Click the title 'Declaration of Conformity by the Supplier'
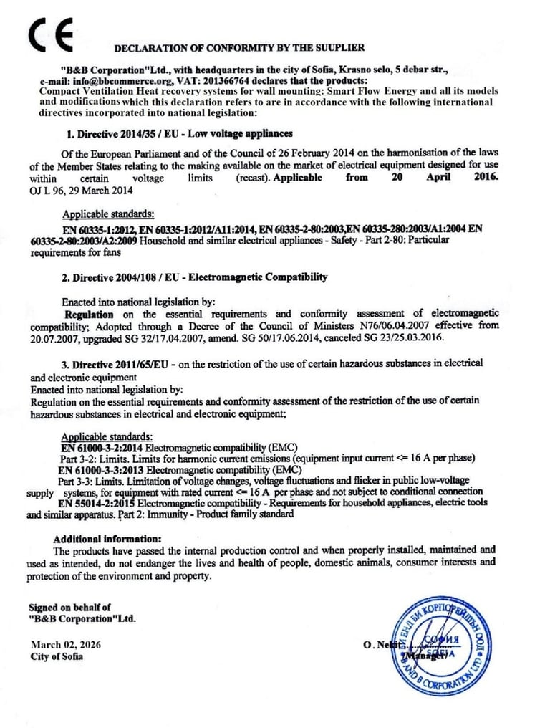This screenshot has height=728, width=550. [239, 48]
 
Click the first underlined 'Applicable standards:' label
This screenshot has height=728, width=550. [107, 214]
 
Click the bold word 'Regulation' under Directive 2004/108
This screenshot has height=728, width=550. [89, 314]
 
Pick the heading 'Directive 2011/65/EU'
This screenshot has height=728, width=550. [122, 363]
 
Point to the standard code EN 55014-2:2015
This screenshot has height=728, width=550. [102, 503]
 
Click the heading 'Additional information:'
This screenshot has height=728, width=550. [107, 539]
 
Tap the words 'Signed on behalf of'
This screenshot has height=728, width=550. [70, 608]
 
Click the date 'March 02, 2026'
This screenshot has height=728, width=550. [66, 644]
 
